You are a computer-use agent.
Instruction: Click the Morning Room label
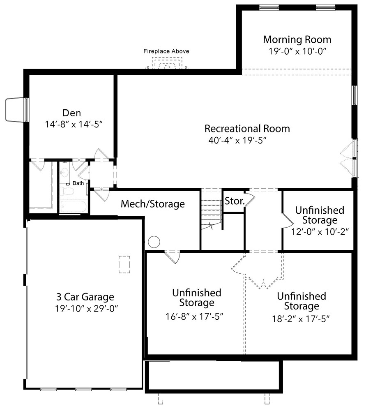[297, 39]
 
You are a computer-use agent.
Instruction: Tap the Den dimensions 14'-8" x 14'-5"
[74, 124]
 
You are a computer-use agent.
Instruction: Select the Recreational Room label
[247, 129]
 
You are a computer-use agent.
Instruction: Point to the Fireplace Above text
[166, 51]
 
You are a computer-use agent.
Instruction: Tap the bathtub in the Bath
[74, 207]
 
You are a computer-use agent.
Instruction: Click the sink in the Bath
[64, 173]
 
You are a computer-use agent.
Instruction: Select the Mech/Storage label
[153, 204]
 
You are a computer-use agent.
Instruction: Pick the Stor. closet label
[235, 201]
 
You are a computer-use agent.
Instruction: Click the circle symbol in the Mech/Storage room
[154, 242]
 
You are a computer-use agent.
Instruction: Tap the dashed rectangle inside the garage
[124, 264]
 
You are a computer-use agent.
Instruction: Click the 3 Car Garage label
[85, 297]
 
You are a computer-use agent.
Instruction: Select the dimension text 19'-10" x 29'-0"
[86, 309]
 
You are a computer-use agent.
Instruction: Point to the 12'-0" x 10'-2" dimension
[320, 232]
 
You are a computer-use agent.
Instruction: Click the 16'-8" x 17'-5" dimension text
[194, 316]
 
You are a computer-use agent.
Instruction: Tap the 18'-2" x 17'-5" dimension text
[301, 319]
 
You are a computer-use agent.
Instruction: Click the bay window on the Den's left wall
[17, 110]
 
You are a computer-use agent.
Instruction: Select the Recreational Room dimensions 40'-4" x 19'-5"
[237, 141]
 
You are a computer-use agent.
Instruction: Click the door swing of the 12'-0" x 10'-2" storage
[288, 220]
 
